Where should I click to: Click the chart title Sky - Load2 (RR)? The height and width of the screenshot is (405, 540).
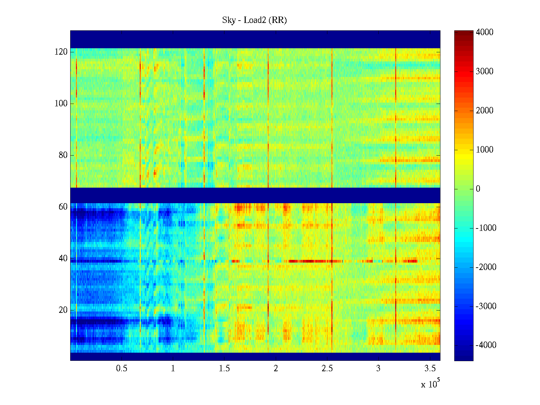coord(254,20)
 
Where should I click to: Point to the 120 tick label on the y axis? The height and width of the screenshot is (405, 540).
coord(61,52)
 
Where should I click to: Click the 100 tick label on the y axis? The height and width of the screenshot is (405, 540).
coord(61,104)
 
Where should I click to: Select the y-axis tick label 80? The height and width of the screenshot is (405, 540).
coord(63,155)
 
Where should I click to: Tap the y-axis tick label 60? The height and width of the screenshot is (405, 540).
coord(63,207)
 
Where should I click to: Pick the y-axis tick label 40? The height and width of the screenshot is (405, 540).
coord(63,259)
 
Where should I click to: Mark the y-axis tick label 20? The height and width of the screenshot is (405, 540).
coord(63,310)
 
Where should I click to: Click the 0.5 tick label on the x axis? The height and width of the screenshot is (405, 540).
coord(122,369)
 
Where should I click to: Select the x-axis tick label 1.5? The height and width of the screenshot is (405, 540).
coord(224,369)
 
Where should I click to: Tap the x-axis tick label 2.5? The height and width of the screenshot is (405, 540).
coord(327,369)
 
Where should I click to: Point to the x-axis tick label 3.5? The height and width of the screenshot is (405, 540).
coord(430,369)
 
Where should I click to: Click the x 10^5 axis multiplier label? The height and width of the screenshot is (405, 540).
coord(430,384)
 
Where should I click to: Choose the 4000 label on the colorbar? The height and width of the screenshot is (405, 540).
coord(484,32)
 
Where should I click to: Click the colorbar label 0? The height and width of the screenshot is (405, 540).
coord(478,189)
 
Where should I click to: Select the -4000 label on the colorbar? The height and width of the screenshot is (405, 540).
coord(486,345)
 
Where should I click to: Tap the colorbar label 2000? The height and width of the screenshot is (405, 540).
coord(484,111)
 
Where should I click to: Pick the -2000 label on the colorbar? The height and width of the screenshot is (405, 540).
coord(486,267)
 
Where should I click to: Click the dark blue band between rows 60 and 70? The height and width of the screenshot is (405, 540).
coord(255,195)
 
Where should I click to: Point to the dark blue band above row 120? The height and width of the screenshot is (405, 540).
coord(255,39)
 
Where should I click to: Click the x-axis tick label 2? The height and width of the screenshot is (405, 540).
coord(276,369)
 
